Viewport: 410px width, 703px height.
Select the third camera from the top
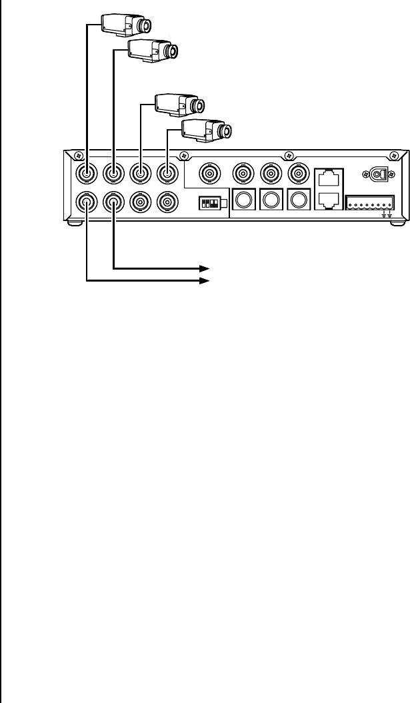(177, 104)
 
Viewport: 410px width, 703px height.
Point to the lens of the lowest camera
(226, 131)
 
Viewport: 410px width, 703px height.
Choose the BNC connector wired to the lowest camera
(166, 174)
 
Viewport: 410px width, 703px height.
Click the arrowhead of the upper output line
(205, 268)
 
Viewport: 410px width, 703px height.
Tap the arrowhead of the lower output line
(205, 281)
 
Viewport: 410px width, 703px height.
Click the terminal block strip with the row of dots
(370, 202)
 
